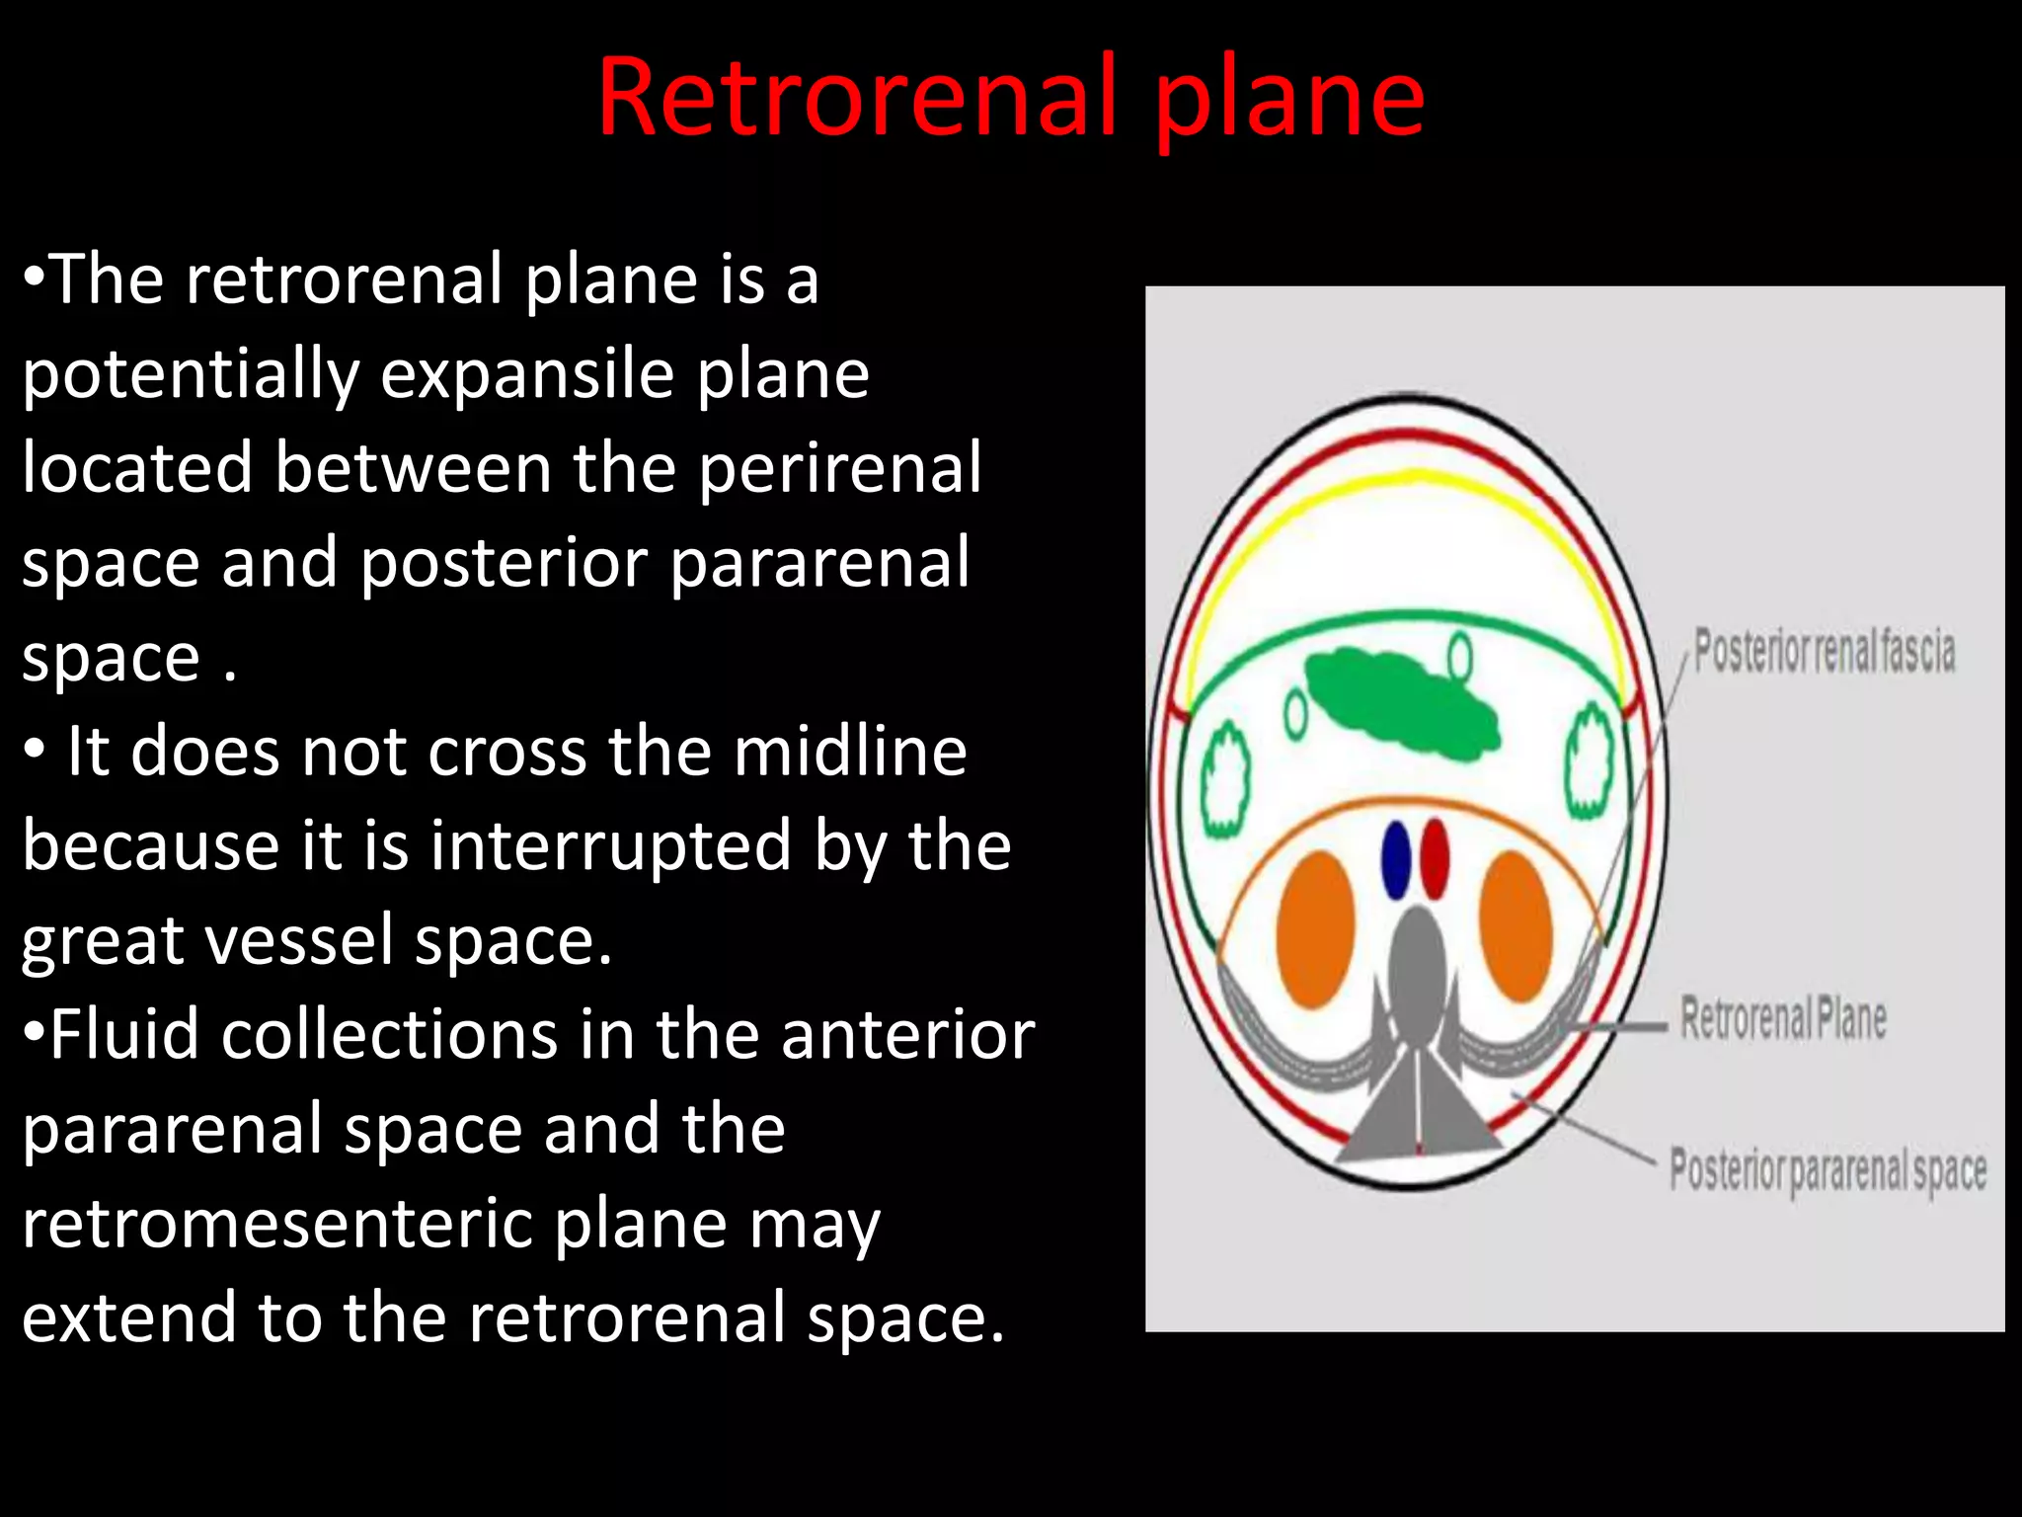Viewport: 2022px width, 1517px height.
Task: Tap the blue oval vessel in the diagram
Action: (1395, 859)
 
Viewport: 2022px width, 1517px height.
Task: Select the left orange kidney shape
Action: (1314, 930)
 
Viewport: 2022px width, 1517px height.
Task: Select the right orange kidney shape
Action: (1516, 926)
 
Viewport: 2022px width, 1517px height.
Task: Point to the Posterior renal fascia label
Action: (1824, 652)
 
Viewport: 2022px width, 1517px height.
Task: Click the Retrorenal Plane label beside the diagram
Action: (1783, 1019)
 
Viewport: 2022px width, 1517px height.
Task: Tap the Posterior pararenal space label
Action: (1828, 1171)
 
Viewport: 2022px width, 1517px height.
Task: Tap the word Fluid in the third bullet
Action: (124, 1035)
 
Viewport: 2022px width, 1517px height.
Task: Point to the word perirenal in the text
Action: (840, 468)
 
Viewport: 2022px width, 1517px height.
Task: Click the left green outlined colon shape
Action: (1224, 780)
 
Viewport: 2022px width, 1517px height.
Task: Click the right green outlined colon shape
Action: (1590, 760)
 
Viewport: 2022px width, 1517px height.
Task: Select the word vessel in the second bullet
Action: (305, 942)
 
